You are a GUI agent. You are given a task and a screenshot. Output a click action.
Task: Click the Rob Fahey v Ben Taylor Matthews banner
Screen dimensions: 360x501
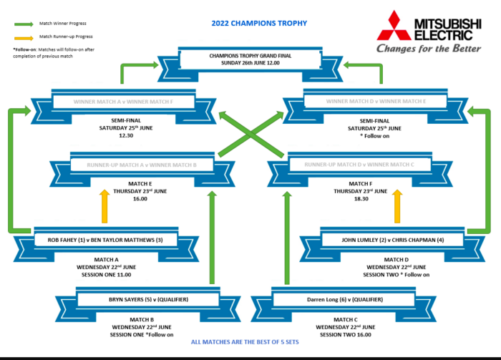point(100,239)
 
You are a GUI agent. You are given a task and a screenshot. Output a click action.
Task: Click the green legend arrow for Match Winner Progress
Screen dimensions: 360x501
point(23,23)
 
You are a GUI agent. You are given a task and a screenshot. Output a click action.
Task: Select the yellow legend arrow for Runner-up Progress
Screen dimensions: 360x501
point(23,36)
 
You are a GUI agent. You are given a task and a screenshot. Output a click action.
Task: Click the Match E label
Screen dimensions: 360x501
point(140,183)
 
